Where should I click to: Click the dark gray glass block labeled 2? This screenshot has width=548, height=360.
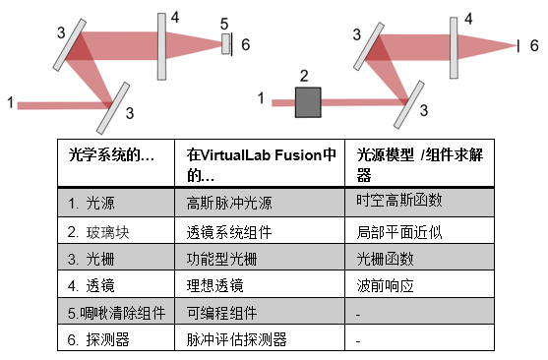click(308, 102)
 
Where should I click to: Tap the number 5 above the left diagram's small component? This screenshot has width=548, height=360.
click(224, 25)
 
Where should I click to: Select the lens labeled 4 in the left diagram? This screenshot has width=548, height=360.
click(161, 47)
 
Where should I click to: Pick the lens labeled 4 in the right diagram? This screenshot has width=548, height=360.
click(454, 48)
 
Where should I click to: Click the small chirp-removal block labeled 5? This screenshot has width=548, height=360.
click(225, 44)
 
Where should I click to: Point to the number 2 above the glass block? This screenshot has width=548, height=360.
click(304, 76)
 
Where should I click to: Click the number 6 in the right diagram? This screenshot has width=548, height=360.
click(534, 45)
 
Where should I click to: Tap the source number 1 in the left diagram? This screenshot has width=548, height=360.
click(11, 102)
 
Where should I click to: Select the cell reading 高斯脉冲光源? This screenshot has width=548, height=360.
click(229, 203)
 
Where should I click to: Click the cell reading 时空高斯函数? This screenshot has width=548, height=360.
click(399, 201)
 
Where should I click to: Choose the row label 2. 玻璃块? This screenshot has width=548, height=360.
click(98, 232)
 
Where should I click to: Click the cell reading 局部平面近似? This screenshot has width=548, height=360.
click(399, 232)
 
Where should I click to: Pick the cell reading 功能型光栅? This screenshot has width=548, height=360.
click(221, 260)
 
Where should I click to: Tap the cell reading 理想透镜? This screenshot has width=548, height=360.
click(214, 286)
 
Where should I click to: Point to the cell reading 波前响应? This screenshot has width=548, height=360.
click(385, 286)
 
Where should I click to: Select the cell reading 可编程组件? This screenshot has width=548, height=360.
click(221, 313)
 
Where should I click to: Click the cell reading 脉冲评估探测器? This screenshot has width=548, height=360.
click(236, 339)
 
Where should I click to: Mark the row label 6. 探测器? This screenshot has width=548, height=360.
click(98, 339)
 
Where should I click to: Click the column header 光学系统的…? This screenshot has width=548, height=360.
click(111, 155)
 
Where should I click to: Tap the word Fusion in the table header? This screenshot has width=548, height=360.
click(298, 155)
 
